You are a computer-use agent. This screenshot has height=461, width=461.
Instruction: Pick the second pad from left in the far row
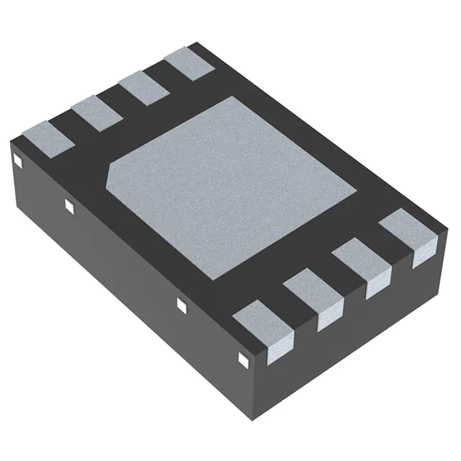(x=97, y=112)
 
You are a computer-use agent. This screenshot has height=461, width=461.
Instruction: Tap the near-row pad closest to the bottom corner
(x=265, y=328)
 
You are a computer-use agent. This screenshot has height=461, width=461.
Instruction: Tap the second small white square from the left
(x=70, y=207)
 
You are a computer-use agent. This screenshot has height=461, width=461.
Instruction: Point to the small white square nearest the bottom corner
(x=242, y=357)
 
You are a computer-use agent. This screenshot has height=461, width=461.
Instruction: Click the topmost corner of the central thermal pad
(x=232, y=97)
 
